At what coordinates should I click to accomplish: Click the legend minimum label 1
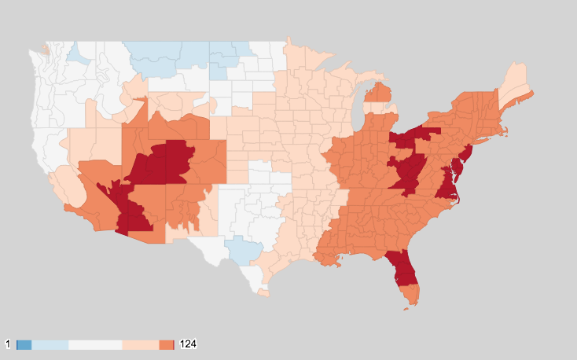tap(9, 345)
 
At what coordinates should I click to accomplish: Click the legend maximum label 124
tap(188, 345)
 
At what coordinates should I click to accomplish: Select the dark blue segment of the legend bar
tap(24, 345)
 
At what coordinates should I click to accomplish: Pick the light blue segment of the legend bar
tap(50, 345)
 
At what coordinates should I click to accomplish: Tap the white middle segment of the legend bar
tap(95, 345)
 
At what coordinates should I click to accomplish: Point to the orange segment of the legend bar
tap(166, 345)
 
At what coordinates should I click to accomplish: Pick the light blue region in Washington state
tap(78, 54)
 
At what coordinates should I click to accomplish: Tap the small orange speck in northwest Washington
tap(46, 50)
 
